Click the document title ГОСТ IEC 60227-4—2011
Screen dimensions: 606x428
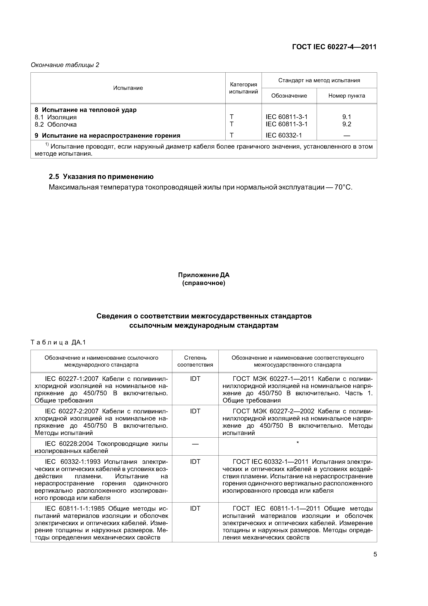click(x=334, y=47)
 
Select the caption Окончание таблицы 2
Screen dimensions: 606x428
click(x=65, y=65)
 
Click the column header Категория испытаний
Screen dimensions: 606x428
click(x=243, y=88)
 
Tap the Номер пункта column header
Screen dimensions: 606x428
click(x=347, y=96)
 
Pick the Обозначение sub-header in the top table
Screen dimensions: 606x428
click(x=289, y=96)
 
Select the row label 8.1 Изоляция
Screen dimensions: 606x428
click(x=56, y=117)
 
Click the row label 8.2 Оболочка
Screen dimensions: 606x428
click(x=56, y=124)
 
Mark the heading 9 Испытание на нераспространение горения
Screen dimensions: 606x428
click(x=108, y=136)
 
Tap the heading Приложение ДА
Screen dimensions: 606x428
click(x=204, y=275)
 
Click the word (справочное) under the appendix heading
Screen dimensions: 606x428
click(x=204, y=283)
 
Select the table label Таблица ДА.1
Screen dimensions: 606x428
click(x=58, y=343)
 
